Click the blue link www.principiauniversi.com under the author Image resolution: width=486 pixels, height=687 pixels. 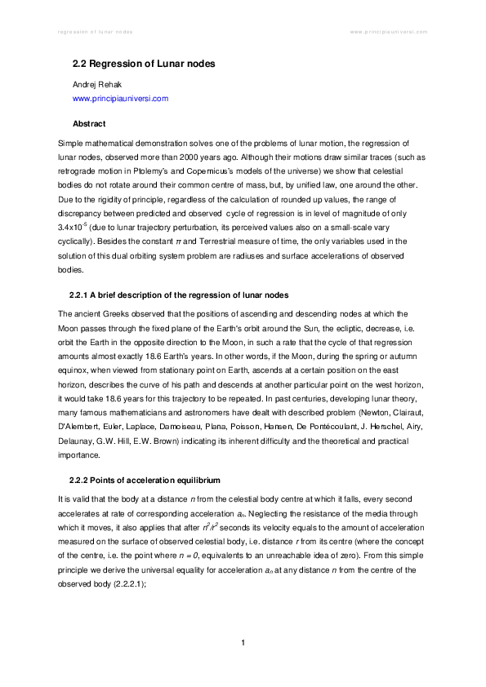pos(121,98)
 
